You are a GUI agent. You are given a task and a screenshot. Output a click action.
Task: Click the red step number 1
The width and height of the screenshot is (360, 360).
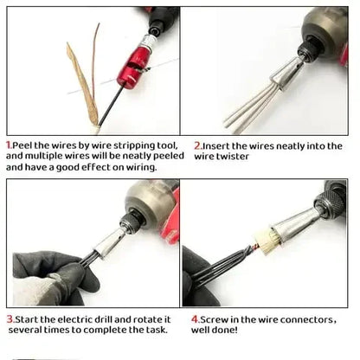(8, 145)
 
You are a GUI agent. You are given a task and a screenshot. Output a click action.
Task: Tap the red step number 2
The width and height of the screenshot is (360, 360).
(197, 145)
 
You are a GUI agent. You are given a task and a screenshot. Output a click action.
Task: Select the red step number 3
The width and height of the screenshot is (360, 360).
(9, 318)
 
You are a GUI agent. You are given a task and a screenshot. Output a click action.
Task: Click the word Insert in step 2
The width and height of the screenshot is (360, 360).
(217, 145)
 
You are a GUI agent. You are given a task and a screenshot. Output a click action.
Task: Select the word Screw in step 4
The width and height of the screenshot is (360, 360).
(215, 318)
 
